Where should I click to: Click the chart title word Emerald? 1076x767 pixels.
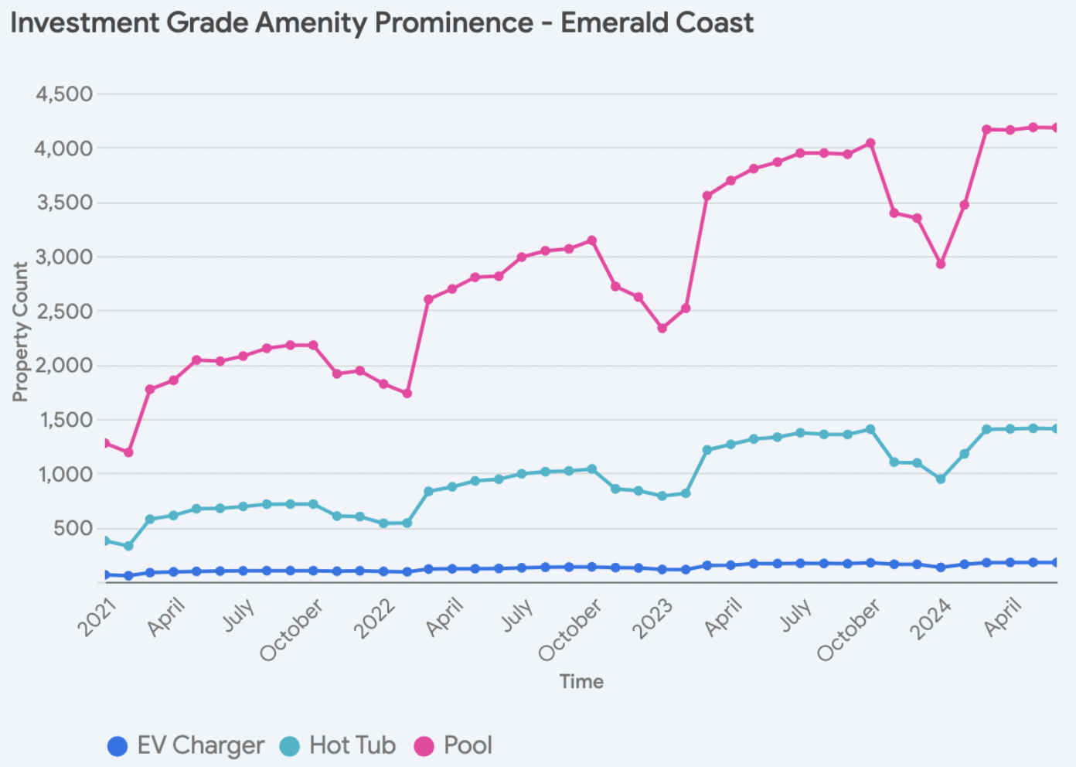click(604, 23)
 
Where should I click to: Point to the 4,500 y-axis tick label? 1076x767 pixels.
click(64, 94)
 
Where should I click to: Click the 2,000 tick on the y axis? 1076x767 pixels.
click(64, 365)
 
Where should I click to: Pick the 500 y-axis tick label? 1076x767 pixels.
click(73, 529)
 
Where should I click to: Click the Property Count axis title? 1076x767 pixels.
click(20, 332)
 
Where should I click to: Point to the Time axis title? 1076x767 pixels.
click(581, 681)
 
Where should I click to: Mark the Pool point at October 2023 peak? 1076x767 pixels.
click(870, 143)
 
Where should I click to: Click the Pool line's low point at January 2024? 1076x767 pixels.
click(941, 264)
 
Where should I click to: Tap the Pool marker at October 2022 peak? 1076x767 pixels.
click(592, 240)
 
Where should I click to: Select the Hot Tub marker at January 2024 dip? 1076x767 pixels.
click(941, 479)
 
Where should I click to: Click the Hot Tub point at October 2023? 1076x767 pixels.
click(870, 429)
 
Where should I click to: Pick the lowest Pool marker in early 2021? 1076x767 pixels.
click(128, 452)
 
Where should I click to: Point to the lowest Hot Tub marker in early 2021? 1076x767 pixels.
click(128, 546)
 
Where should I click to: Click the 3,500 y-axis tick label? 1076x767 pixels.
click(64, 203)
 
